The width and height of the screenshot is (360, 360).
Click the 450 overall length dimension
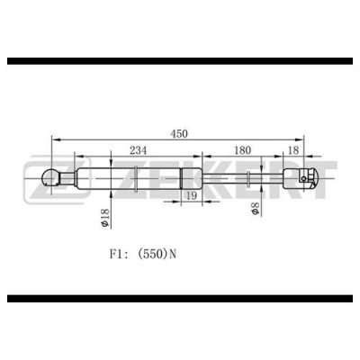coord(179,133)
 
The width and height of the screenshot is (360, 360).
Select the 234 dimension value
coord(139,150)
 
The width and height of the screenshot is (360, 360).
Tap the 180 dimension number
coord(242,150)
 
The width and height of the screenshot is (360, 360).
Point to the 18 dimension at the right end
coord(293,150)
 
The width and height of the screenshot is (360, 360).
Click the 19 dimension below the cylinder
coord(192,196)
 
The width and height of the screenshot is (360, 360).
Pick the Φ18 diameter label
coord(104,218)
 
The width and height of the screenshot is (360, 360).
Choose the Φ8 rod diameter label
coord(255,208)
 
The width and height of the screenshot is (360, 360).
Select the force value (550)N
coord(157,255)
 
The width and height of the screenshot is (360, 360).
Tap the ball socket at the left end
coord(50,178)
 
